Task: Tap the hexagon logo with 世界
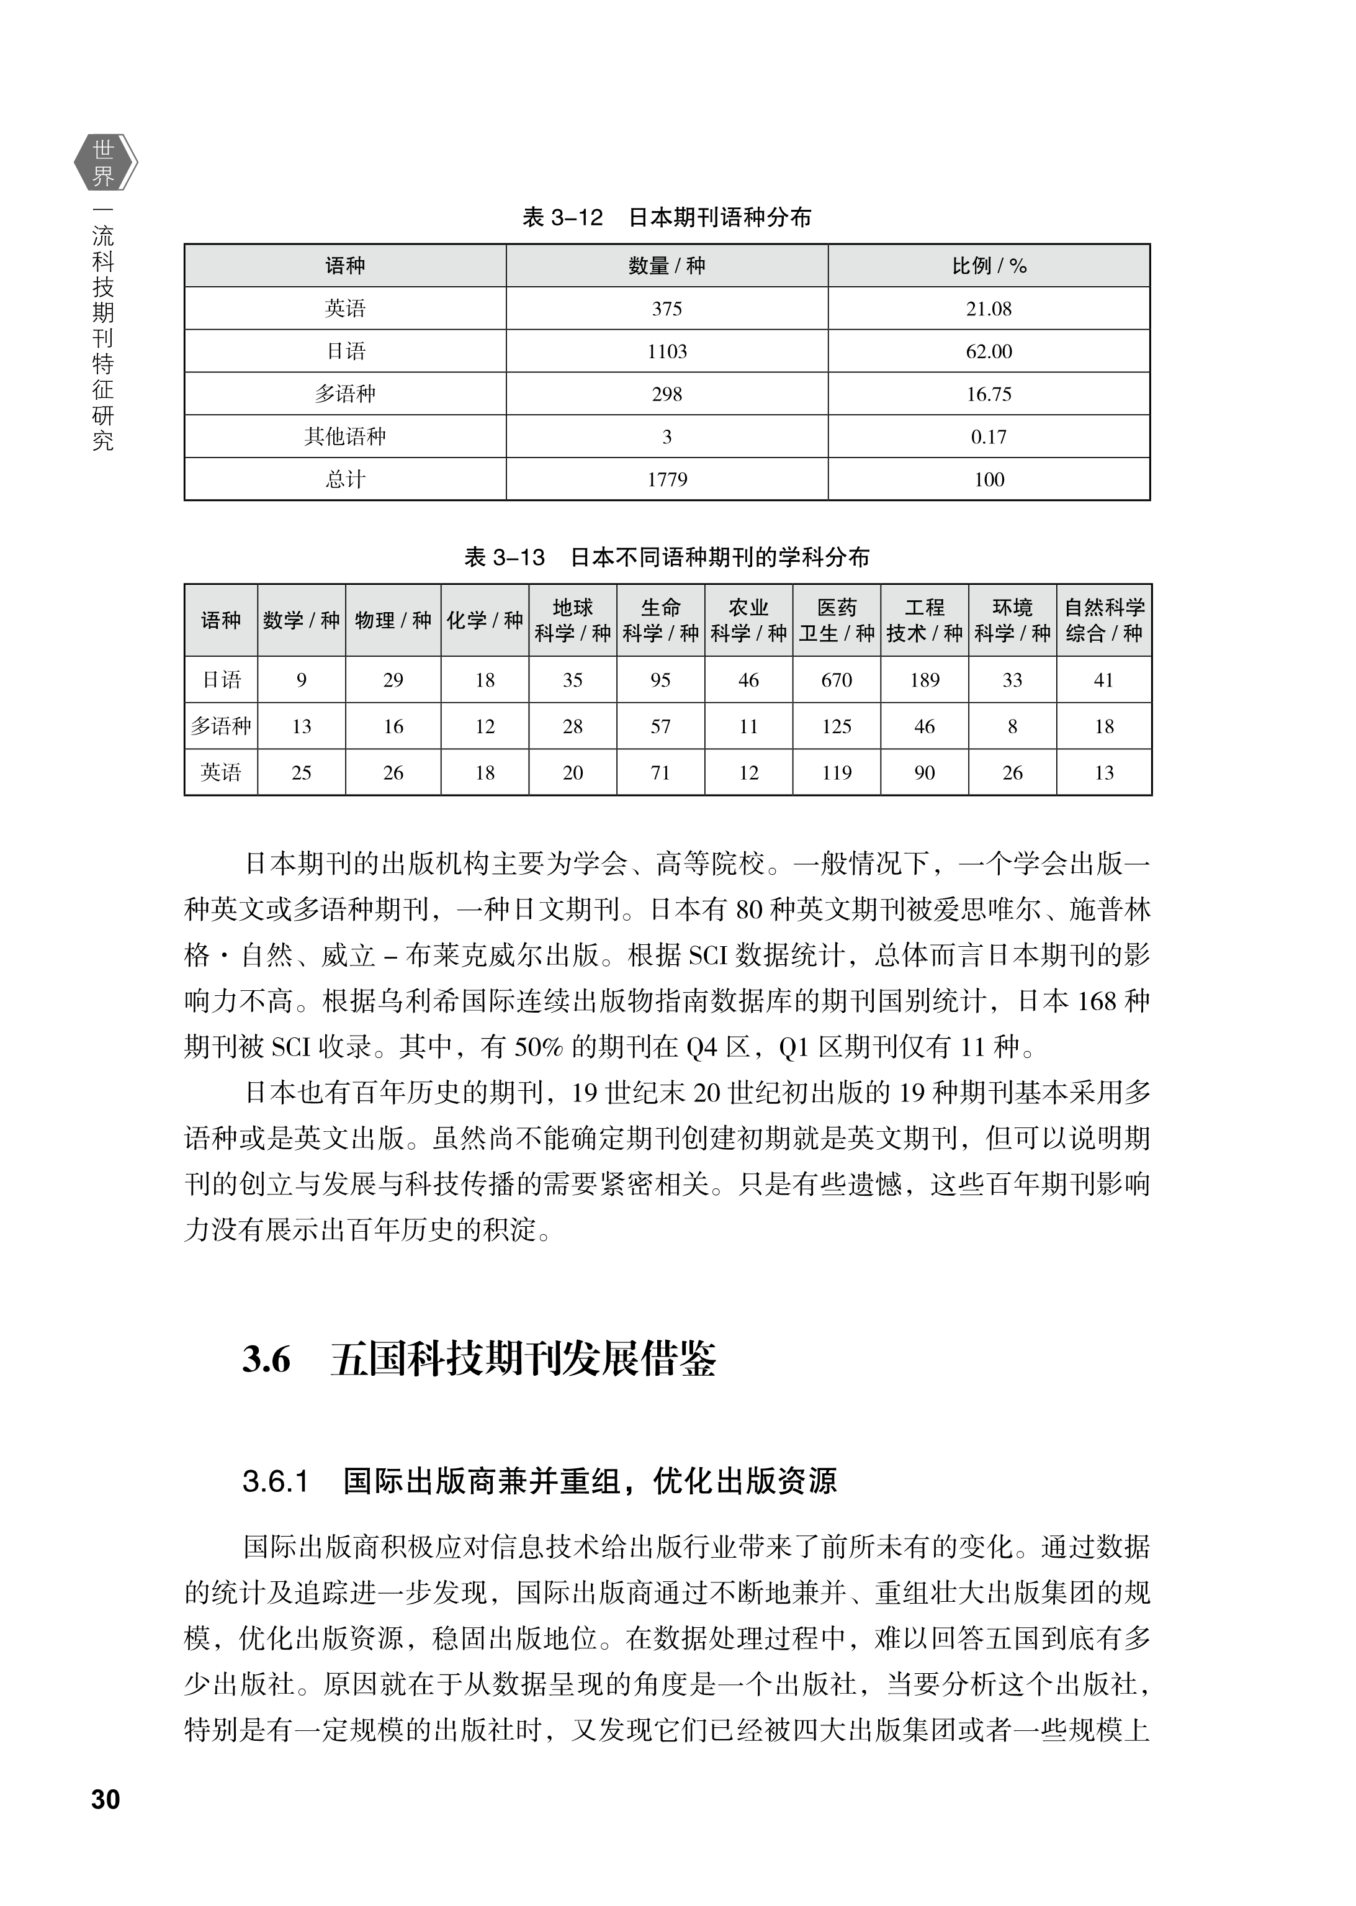click(x=104, y=162)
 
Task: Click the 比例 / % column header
click(x=989, y=266)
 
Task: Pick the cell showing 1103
click(x=667, y=351)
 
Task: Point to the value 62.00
click(x=989, y=351)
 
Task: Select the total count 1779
click(x=667, y=479)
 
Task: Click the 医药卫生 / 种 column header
click(x=836, y=620)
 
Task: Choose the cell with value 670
click(x=836, y=680)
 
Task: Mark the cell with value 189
click(x=924, y=680)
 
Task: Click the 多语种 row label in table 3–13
click(x=220, y=726)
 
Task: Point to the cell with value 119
click(x=836, y=772)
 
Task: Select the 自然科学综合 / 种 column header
click(x=1104, y=620)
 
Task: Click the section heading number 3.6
click(x=266, y=1360)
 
